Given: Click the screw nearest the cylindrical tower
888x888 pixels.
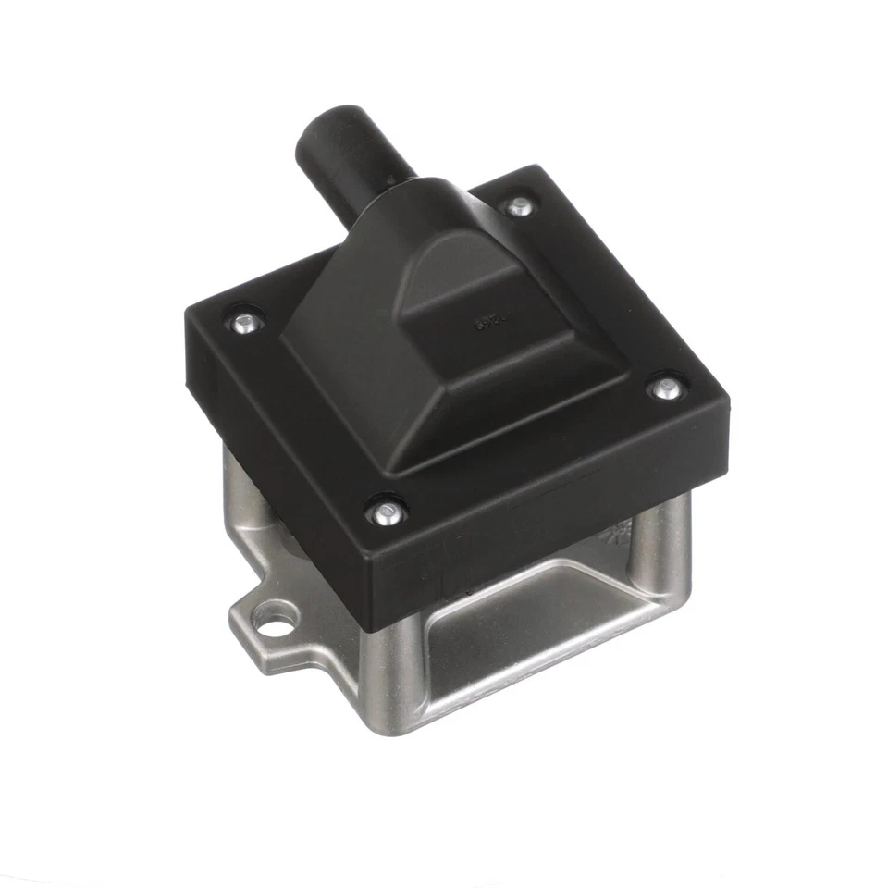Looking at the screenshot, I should tap(520, 206).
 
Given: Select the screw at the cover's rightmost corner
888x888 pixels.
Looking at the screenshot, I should tap(664, 388).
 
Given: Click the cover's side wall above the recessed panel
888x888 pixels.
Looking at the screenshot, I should tap(546, 536).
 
